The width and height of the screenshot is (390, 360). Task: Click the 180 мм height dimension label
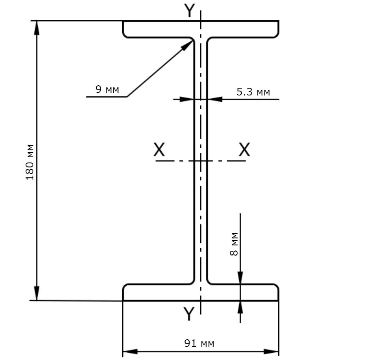pos(30,162)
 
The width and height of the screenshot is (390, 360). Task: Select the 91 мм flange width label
pos(199,343)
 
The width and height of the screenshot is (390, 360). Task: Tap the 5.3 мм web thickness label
pos(253,92)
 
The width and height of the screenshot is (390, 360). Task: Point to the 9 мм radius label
pos(107,89)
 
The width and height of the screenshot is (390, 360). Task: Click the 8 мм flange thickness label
pos(234,244)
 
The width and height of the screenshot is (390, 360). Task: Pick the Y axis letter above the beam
pos(190,11)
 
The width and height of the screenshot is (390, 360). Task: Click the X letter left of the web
pos(159,149)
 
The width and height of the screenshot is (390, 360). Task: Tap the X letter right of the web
pos(244,149)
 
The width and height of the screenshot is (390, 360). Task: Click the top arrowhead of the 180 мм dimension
pos(37,28)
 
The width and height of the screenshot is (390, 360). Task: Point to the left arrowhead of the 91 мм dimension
pos(130,351)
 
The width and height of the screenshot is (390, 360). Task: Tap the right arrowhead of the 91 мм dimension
pos(271,351)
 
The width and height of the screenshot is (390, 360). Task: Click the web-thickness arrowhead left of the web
pos(187,99)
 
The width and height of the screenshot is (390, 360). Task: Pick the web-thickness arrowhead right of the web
pos(214,99)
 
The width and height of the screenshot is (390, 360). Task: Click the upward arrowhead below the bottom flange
pos(240,308)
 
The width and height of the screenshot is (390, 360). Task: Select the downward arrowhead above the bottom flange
pos(240,278)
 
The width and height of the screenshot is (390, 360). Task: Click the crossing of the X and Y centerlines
pos(200,161)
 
